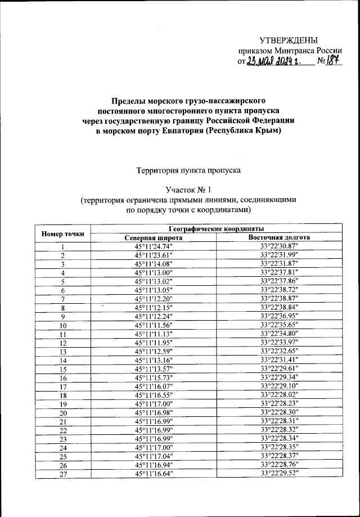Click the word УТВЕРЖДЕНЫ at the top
tap(289, 39)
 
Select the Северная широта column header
tap(154, 237)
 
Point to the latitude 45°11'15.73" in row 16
tap(154, 379)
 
